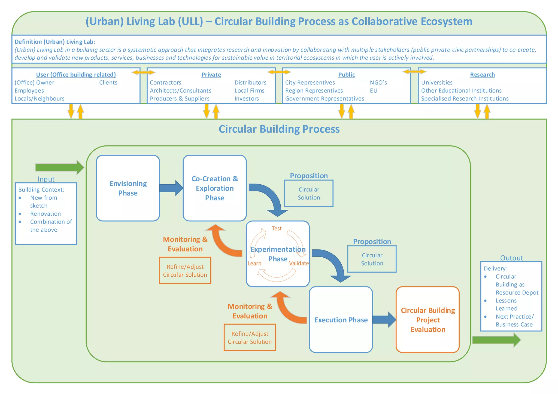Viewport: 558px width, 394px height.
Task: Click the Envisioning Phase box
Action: pyautogui.click(x=128, y=188)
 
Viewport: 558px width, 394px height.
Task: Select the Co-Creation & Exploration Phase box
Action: pyautogui.click(x=215, y=188)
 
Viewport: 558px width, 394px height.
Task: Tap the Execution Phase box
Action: pyautogui.click(x=341, y=320)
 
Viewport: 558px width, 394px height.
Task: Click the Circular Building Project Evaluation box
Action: pyautogui.click(x=427, y=320)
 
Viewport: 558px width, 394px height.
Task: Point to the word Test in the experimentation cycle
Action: pyautogui.click(x=277, y=228)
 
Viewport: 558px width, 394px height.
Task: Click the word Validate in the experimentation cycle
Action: pyautogui.click(x=299, y=263)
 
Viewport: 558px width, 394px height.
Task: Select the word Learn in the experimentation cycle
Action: pyautogui.click(x=254, y=263)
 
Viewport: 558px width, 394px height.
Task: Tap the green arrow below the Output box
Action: pyautogui.click(x=496, y=340)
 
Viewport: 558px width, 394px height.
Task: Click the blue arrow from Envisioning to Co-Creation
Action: pyautogui.click(x=171, y=188)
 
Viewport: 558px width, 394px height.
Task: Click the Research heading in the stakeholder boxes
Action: pyautogui.click(x=482, y=75)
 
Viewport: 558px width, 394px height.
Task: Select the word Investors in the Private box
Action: pyautogui.click(x=247, y=99)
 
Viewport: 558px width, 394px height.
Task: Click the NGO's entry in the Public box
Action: pyautogui.click(x=378, y=83)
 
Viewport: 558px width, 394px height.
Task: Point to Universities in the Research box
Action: pyautogui.click(x=436, y=83)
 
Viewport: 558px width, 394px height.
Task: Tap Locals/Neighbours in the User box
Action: pyautogui.click(x=40, y=99)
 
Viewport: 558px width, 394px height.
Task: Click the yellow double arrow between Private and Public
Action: pyautogui.click(x=279, y=72)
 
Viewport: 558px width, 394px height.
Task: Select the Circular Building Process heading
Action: pyautogui.click(x=279, y=129)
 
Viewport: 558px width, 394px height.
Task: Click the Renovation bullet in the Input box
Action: pyautogui.click(x=45, y=214)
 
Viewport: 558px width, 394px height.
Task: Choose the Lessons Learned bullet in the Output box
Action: pyautogui.click(x=506, y=304)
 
